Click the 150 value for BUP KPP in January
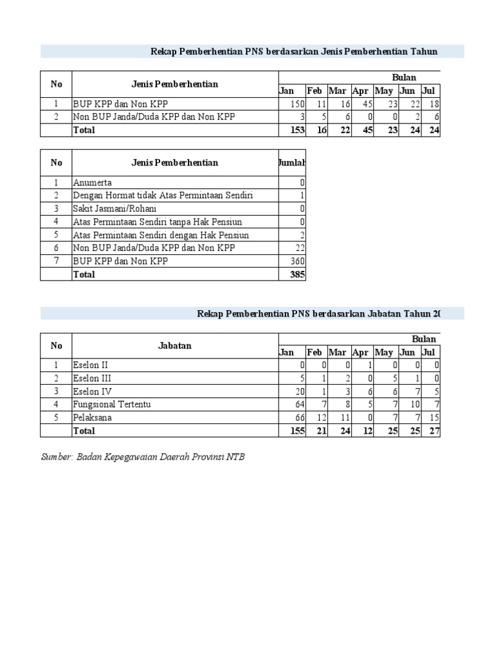tap(295, 104)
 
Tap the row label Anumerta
tap(93, 183)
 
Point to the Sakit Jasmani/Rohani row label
tap(114, 209)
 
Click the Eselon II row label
tap(91, 366)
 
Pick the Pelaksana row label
tap(93, 418)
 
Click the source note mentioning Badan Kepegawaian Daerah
tap(143, 457)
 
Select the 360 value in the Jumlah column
tap(297, 261)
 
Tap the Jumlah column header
tap(292, 163)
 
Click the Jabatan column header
tap(174, 346)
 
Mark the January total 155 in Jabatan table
tap(295, 431)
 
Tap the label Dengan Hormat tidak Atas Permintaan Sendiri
tap(163, 196)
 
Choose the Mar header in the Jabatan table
tap(337, 352)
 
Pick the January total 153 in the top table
tap(295, 130)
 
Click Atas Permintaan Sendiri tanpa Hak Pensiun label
tap(158, 222)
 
